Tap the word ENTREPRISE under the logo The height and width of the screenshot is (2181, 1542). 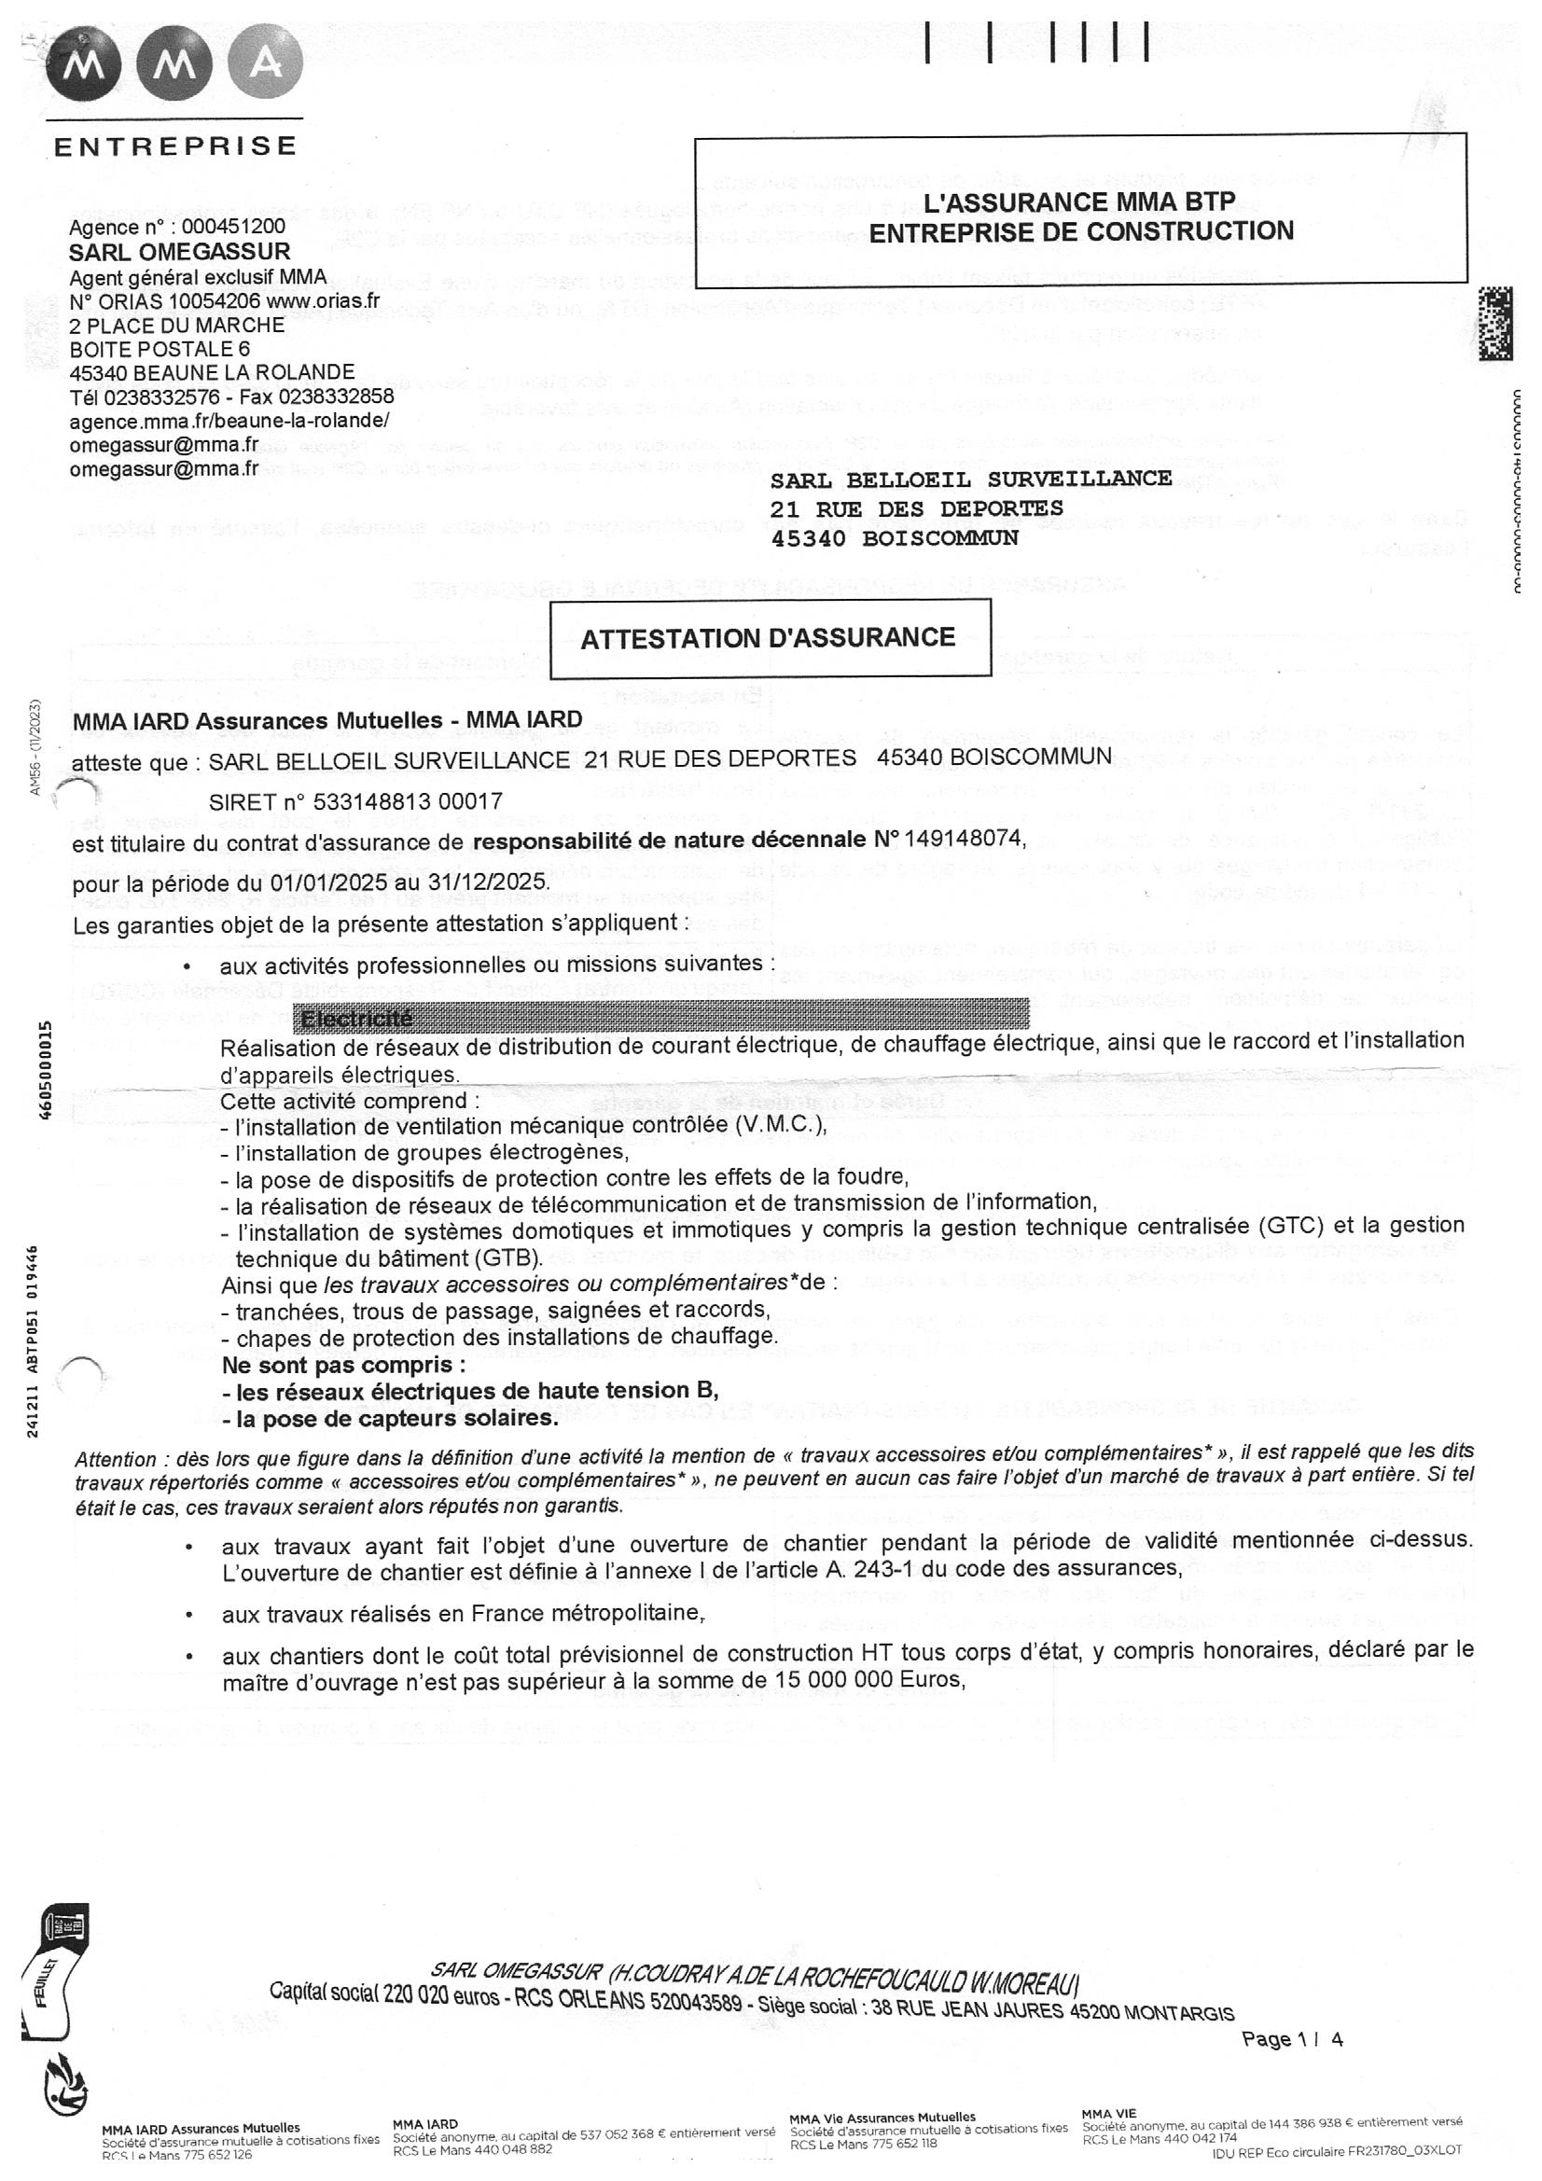[x=175, y=146]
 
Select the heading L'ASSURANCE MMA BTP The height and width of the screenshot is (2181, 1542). [x=1080, y=201]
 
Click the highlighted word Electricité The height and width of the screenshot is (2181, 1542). [x=356, y=1020]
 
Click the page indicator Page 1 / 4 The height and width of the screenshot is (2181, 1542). [x=1292, y=2038]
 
